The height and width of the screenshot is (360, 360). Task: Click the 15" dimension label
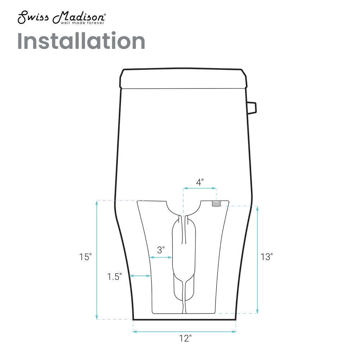tap(85, 257)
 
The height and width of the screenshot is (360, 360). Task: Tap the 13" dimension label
tap(266, 257)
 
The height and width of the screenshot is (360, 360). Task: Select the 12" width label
tap(185, 338)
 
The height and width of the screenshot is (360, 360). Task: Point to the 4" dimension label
tap(200, 183)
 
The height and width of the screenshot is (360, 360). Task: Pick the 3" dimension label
tap(161, 250)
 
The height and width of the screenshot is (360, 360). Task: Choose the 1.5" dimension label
tap(114, 277)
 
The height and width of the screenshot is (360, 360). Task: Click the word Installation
tap(81, 41)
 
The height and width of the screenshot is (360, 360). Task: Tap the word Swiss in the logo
tap(33, 18)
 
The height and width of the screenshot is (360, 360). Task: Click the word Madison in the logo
tap(78, 17)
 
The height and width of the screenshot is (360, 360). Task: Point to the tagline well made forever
tap(82, 23)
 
